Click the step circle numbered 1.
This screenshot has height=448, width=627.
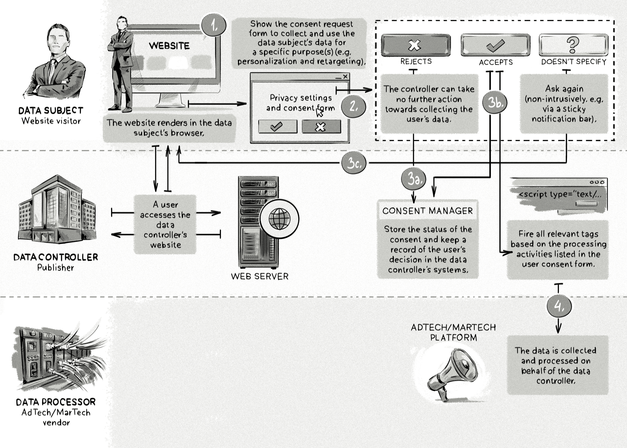(214, 25)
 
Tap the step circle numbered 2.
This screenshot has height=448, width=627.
(354, 106)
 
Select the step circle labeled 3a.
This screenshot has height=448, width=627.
(414, 179)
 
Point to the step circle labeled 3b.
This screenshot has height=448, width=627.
(495, 102)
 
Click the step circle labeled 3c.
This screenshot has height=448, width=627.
(354, 163)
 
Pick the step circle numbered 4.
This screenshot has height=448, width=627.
(559, 306)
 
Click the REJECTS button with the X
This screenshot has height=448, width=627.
(415, 45)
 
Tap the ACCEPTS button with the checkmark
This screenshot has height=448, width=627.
(495, 45)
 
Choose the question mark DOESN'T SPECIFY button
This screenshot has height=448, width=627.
(573, 45)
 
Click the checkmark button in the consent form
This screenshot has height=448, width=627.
(277, 127)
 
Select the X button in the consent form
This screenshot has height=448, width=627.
(321, 127)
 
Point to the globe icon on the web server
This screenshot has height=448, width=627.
(279, 219)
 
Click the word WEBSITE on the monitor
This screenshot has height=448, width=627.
(169, 46)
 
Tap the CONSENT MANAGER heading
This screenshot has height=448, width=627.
(428, 211)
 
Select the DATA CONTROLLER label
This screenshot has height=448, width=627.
(56, 257)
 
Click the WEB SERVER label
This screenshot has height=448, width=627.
(260, 276)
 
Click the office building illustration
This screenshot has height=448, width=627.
(57, 209)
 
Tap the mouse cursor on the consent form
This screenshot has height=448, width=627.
(319, 113)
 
